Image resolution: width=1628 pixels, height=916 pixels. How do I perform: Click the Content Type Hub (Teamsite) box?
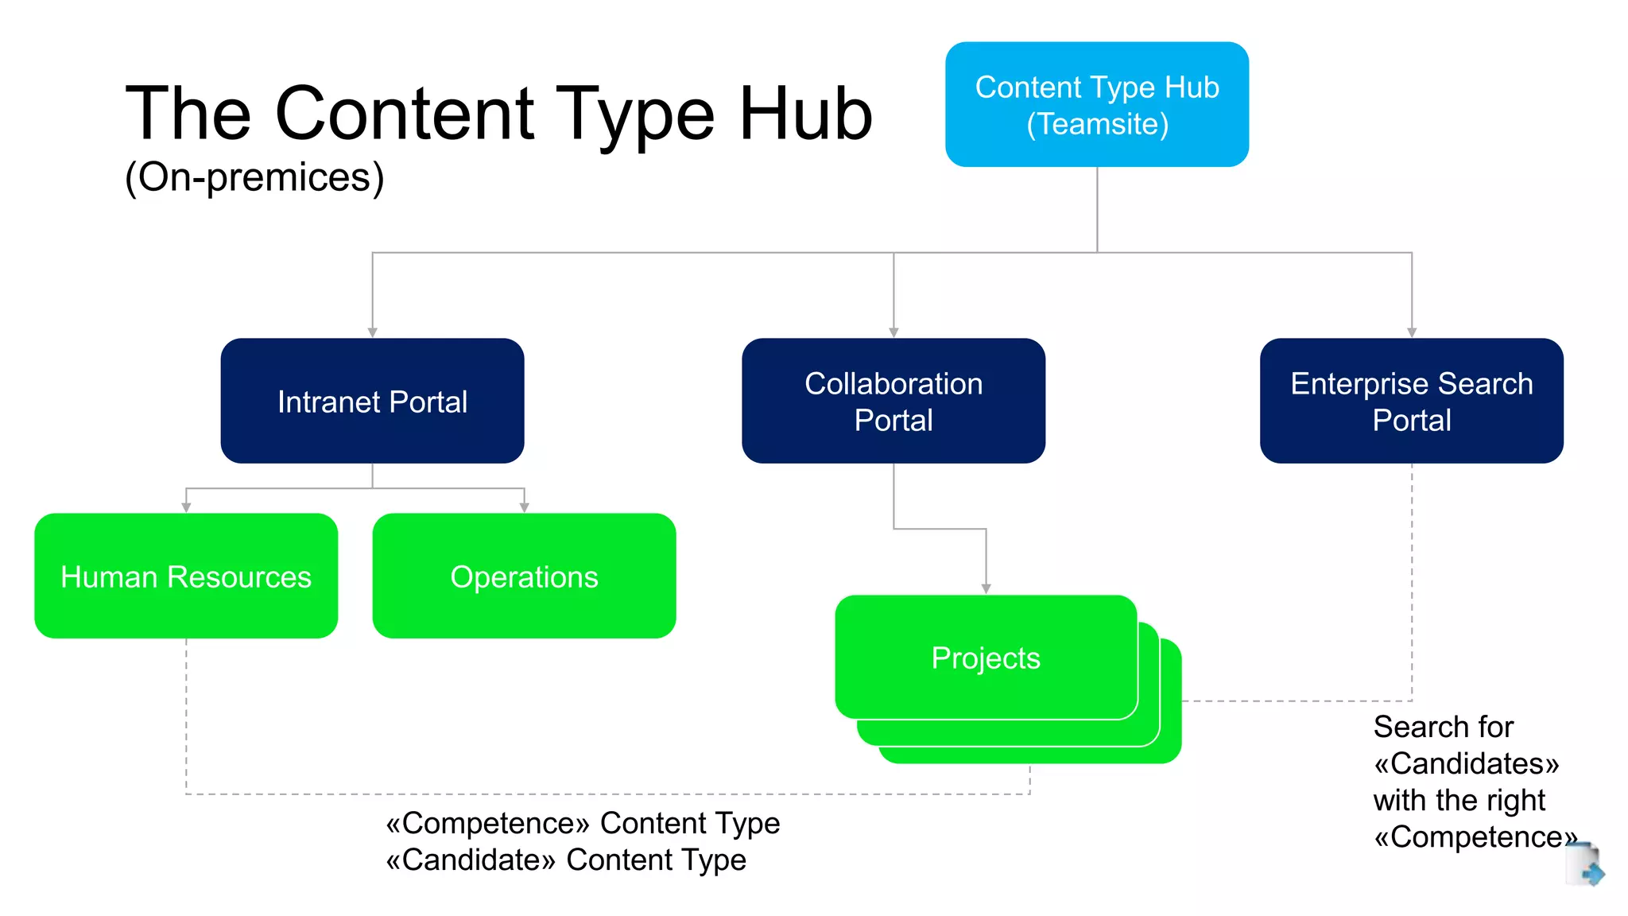click(1096, 104)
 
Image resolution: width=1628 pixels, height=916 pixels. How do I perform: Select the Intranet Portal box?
click(372, 401)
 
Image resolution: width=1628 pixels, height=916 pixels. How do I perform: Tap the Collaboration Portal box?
click(893, 401)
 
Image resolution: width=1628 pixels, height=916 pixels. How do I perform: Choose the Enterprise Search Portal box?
click(1411, 401)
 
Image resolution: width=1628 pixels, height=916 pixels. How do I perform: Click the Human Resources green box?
click(186, 576)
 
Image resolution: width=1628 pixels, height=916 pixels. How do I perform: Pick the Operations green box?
click(524, 576)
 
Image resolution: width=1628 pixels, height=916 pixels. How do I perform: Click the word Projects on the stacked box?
click(985, 658)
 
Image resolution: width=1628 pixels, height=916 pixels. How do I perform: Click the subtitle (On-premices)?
click(254, 177)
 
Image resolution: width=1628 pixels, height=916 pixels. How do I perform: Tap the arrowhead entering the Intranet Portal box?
click(372, 332)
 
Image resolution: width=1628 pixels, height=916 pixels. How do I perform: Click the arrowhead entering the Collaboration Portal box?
click(893, 332)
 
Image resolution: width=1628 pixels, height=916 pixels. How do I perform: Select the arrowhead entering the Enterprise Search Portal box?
click(1412, 332)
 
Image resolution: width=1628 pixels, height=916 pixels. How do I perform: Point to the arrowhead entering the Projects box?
click(986, 588)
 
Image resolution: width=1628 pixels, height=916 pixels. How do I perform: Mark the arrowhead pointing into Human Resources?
click(186, 507)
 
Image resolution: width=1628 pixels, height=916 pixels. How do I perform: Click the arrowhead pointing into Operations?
click(524, 507)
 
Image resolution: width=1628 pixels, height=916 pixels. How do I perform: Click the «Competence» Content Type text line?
click(582, 823)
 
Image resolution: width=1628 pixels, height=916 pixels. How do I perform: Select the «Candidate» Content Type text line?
click(565, 860)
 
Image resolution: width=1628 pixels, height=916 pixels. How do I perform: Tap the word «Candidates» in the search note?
click(1466, 763)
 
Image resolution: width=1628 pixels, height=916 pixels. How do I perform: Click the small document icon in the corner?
click(1584, 865)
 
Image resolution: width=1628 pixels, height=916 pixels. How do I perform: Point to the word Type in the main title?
click(634, 114)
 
